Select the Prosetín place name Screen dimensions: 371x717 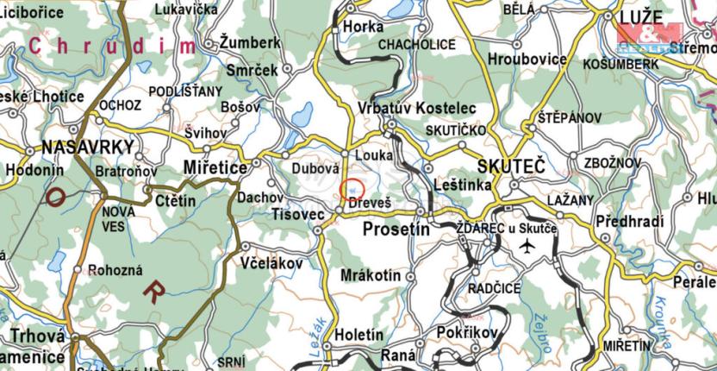coord(396,229)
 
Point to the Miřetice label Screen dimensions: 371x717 coord(215,166)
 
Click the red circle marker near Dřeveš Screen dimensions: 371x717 coord(353,189)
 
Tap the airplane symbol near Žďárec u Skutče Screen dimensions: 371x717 coord(527,247)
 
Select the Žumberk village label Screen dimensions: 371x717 coord(250,42)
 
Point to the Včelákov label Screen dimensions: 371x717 coord(273,261)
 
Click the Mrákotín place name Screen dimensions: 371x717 coord(371,275)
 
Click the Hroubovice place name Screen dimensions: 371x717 coord(527,60)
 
